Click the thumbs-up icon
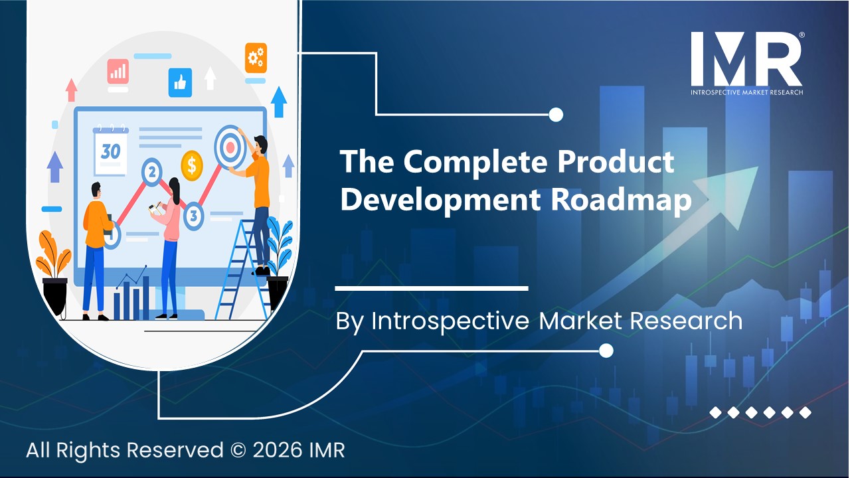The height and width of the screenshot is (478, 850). click(179, 82)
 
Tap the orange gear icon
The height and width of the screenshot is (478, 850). click(255, 58)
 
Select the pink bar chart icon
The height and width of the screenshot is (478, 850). click(118, 71)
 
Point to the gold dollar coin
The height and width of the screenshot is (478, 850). click(191, 164)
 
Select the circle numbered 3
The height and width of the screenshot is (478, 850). click(193, 215)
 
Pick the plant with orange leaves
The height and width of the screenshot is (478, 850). click(53, 256)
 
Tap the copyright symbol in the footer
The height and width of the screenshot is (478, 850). click(238, 450)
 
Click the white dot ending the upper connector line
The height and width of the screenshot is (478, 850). click(556, 115)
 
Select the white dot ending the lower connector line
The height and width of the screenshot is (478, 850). click(606, 350)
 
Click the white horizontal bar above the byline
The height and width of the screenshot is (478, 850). click(432, 288)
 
